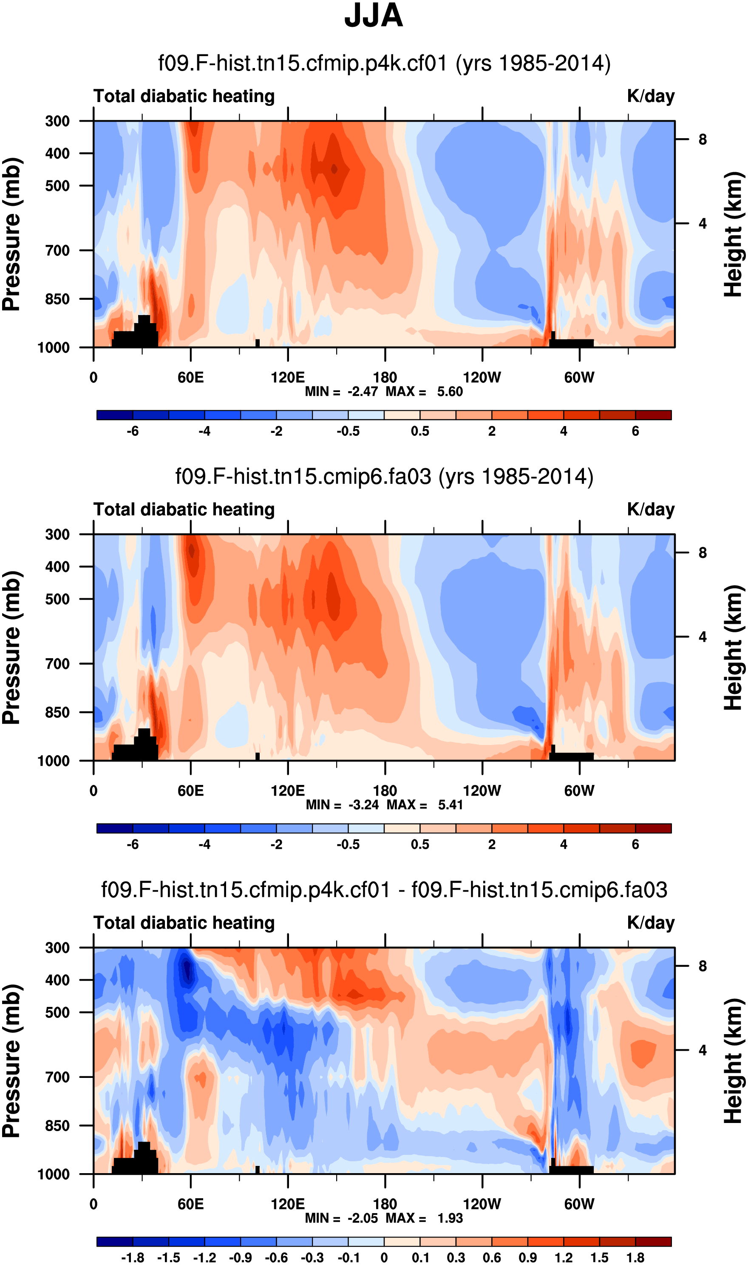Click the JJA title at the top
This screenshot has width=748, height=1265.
(374, 16)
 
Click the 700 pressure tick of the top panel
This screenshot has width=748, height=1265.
(57, 250)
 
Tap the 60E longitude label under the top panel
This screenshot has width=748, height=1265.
(190, 378)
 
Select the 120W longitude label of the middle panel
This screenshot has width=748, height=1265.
(482, 790)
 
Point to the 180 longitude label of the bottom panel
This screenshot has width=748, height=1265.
(385, 1204)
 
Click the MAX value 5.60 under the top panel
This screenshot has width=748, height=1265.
(450, 392)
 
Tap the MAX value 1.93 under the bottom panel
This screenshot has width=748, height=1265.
(450, 1218)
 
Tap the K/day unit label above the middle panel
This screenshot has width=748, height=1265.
(650, 510)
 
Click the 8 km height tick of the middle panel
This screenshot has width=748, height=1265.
(702, 553)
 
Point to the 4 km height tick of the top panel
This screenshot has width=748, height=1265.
(702, 224)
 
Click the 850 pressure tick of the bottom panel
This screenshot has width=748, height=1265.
(57, 1126)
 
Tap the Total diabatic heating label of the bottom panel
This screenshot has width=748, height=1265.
(184, 923)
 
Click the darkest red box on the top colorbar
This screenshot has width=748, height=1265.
(653, 415)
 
